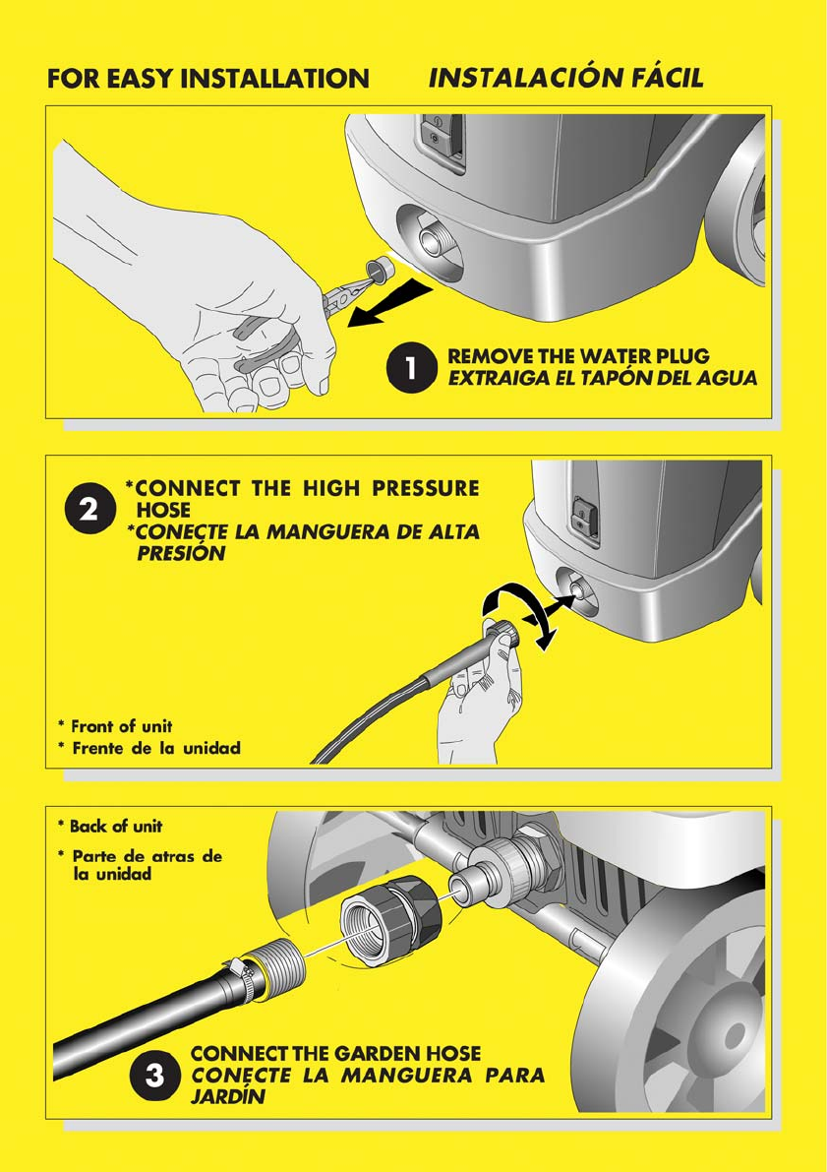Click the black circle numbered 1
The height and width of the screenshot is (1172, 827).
pyautogui.click(x=410, y=368)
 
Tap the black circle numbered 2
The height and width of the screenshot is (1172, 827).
pyautogui.click(x=89, y=510)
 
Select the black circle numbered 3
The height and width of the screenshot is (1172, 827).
pyautogui.click(x=154, y=1076)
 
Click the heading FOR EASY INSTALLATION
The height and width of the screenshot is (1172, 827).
pyautogui.click(x=207, y=79)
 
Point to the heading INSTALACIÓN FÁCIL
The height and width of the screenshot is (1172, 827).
pyautogui.click(x=565, y=78)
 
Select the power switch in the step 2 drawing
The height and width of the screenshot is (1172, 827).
pyautogui.click(x=583, y=516)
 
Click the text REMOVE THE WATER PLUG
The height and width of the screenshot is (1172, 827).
pyautogui.click(x=578, y=356)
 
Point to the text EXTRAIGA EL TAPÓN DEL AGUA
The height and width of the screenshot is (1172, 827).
pyautogui.click(x=602, y=378)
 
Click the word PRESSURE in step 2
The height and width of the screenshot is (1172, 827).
pyautogui.click(x=426, y=488)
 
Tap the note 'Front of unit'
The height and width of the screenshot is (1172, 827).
pyautogui.click(x=116, y=726)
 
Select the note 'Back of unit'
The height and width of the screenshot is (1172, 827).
pyautogui.click(x=110, y=826)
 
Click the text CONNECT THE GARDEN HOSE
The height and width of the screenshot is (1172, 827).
pyautogui.click(x=335, y=1054)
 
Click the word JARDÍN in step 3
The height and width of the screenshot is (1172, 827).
pyautogui.click(x=228, y=1097)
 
